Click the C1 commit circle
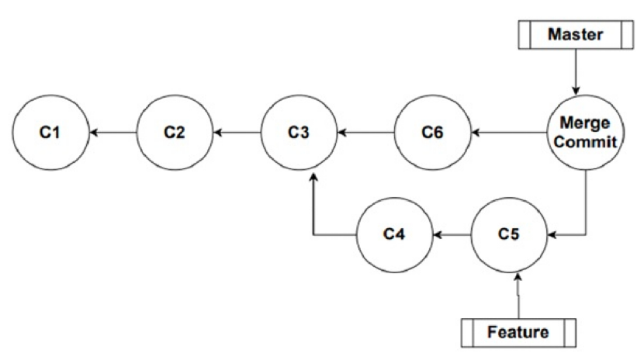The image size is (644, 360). (50, 133)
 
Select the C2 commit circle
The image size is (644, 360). (175, 133)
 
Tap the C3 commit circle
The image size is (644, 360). (299, 133)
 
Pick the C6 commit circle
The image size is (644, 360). (432, 133)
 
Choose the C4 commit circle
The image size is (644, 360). (394, 234)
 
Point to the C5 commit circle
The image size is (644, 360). (509, 234)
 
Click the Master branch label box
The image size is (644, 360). (575, 35)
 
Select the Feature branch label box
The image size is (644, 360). (518, 332)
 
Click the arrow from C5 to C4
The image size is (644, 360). (452, 234)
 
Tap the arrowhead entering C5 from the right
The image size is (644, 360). (552, 234)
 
